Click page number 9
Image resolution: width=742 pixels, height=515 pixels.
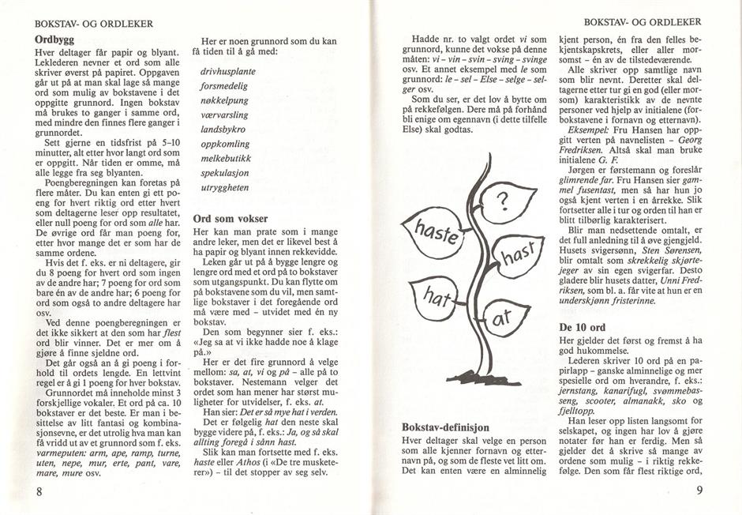pyautogui.click(x=699, y=491)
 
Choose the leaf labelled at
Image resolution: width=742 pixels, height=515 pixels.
pyautogui.click(x=504, y=316)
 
